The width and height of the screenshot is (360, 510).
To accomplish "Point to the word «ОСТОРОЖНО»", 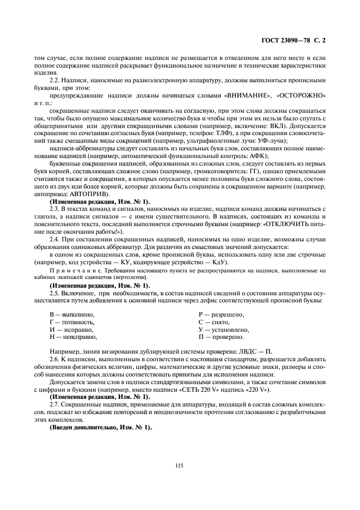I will point(301,95).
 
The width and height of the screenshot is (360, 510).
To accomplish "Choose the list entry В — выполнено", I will point(72,314).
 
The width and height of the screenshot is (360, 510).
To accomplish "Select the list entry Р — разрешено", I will point(221,314).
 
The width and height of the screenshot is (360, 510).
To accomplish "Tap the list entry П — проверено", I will point(221,337).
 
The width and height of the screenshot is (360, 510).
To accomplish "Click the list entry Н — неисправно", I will point(74,337).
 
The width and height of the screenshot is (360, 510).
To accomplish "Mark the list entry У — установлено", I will point(224,330).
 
